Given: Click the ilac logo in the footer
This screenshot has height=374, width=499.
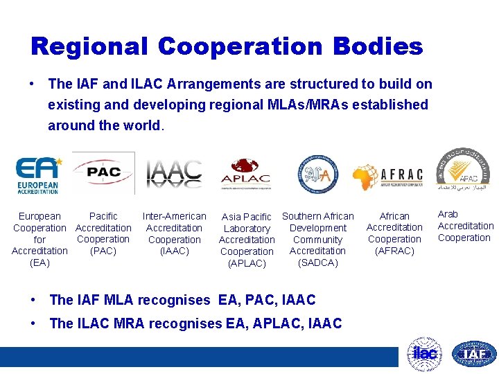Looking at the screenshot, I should pos(423,353).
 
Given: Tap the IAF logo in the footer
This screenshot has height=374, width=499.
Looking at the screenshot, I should pos(474,354).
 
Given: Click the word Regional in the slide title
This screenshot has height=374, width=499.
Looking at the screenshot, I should pos(89,46).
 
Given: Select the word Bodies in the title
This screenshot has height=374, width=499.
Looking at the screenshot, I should pos(378,46).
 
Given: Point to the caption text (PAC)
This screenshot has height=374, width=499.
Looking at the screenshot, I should pos(103,251).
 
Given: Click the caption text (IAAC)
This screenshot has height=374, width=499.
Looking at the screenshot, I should pos(174,251).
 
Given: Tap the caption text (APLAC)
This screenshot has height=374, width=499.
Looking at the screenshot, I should pos(247,263).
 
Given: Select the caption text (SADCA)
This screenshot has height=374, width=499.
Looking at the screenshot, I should pos(317,262).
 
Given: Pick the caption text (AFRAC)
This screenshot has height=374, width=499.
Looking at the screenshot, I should pos(394,251).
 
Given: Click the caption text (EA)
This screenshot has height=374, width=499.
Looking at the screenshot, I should pos(40,262).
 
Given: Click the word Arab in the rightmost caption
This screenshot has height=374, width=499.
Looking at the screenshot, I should pos(448,214).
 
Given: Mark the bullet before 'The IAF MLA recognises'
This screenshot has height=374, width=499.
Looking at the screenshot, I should pos(34,299).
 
